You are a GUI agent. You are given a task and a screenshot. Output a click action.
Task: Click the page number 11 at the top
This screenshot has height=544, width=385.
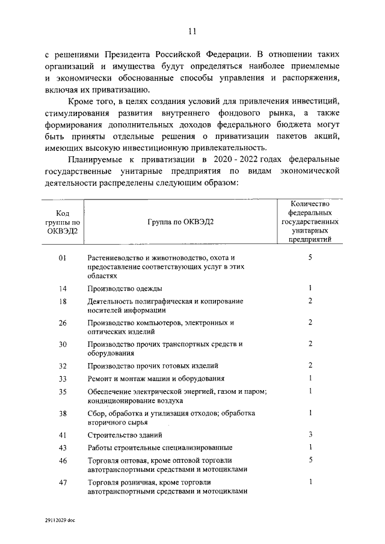pyautogui.click(x=192, y=31)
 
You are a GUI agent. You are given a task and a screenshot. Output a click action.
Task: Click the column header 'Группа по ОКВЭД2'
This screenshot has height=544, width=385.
pyautogui.click(x=180, y=221)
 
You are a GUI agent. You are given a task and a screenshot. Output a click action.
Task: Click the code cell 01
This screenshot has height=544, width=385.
pyautogui.click(x=62, y=257)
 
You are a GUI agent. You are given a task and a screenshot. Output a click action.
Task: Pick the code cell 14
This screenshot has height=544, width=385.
pyautogui.click(x=62, y=289)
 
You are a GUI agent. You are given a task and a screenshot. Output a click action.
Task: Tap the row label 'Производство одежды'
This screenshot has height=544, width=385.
pyautogui.click(x=125, y=289)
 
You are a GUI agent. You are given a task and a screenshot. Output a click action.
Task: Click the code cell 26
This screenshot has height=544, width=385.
pyautogui.click(x=62, y=323)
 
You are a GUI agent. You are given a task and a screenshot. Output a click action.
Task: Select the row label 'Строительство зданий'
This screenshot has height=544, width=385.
pyautogui.click(x=124, y=435)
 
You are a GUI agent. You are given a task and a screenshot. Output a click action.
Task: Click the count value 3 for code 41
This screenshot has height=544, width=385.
pyautogui.click(x=310, y=434)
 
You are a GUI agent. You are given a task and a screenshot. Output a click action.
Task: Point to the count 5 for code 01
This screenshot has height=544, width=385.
pyautogui.click(x=310, y=257)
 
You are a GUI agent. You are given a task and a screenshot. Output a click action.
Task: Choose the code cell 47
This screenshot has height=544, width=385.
pyautogui.click(x=62, y=482)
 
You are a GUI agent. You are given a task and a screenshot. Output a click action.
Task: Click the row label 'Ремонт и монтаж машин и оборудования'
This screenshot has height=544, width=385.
pyautogui.click(x=156, y=379)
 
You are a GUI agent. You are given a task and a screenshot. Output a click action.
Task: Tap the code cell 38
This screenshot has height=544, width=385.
pyautogui.click(x=62, y=414)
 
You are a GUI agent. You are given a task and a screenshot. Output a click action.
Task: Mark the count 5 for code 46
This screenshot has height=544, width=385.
pyautogui.click(x=310, y=460)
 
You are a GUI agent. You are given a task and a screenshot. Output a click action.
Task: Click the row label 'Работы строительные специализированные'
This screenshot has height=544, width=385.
pyautogui.click(x=159, y=448)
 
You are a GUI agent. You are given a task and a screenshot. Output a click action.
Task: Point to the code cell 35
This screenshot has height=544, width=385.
pyautogui.click(x=62, y=392)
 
